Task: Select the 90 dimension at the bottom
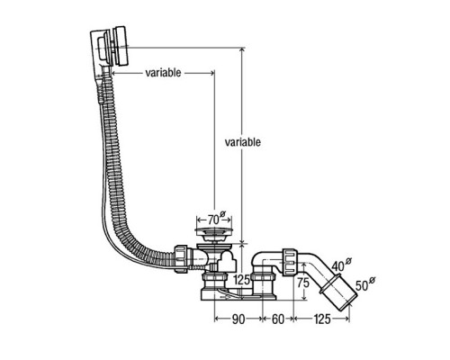(237, 318)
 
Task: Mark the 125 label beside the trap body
(241, 281)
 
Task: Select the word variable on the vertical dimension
(243, 142)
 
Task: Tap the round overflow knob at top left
(106, 45)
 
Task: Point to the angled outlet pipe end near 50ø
(343, 295)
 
